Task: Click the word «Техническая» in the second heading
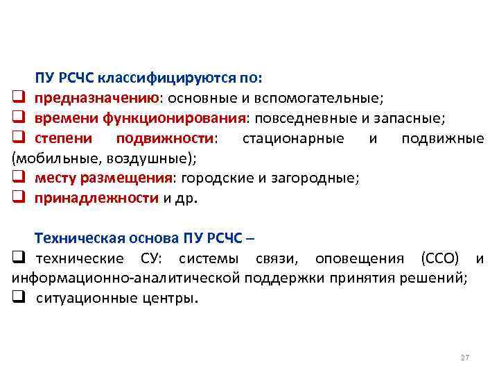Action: (x=78, y=239)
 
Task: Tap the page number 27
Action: (x=464, y=357)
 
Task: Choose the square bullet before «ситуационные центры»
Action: (x=19, y=300)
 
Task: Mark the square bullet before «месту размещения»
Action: (x=19, y=178)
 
